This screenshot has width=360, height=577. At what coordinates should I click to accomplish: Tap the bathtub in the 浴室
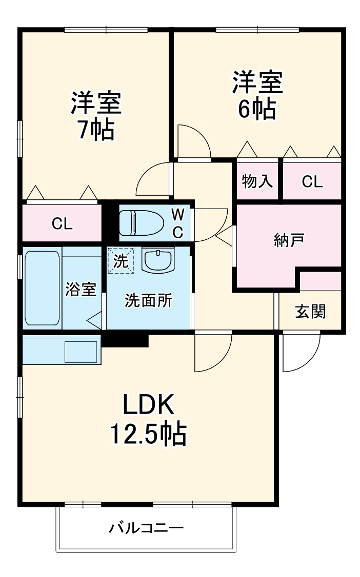(42, 287)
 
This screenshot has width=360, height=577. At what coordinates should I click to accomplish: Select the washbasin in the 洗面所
(158, 261)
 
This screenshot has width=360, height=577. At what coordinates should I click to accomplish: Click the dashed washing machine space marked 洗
(120, 261)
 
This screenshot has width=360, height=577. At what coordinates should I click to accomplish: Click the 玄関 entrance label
(310, 311)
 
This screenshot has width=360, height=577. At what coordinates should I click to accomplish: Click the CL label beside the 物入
(312, 181)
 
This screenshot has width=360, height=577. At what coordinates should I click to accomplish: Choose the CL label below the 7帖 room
(62, 223)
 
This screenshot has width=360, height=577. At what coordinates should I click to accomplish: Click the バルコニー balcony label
(146, 527)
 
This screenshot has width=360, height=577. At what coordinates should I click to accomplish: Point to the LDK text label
(148, 405)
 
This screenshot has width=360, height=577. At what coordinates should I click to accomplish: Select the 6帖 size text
(256, 109)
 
